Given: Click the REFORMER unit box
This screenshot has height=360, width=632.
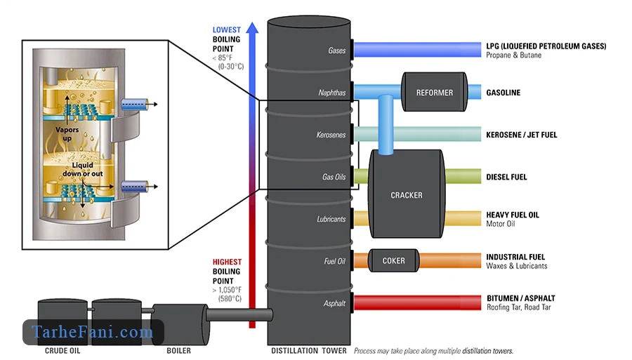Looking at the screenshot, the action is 435,92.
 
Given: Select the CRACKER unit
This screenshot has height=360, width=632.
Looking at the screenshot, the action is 407,194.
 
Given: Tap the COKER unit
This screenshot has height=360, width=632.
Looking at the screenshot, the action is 393,260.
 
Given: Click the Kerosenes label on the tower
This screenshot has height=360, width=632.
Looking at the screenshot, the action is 331,135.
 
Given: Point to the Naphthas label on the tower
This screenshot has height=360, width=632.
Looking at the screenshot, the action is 332,93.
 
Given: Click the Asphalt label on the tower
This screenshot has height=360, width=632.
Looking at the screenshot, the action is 334,303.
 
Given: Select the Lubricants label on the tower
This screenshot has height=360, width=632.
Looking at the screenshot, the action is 331,219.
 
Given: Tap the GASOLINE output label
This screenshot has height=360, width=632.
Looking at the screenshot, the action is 503,93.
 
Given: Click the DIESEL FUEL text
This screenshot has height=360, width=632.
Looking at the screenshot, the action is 506,177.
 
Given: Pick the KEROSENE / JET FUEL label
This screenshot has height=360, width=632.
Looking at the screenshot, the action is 522,135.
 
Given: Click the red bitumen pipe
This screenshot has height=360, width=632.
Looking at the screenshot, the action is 418,302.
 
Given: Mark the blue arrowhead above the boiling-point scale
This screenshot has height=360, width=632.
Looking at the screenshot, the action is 252,27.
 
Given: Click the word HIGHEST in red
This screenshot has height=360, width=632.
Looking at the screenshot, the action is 227,262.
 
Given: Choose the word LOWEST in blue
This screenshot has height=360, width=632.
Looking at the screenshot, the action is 227,29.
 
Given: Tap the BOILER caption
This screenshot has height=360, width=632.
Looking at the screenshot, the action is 178,351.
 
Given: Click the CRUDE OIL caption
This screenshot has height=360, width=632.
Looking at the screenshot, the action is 62,351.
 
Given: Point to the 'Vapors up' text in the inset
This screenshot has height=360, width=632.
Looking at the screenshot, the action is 67,134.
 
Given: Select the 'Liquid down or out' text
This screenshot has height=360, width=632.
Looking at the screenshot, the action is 83,169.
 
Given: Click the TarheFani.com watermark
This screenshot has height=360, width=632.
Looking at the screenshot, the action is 93,332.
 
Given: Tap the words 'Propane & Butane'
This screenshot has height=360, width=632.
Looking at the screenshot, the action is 513,55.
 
